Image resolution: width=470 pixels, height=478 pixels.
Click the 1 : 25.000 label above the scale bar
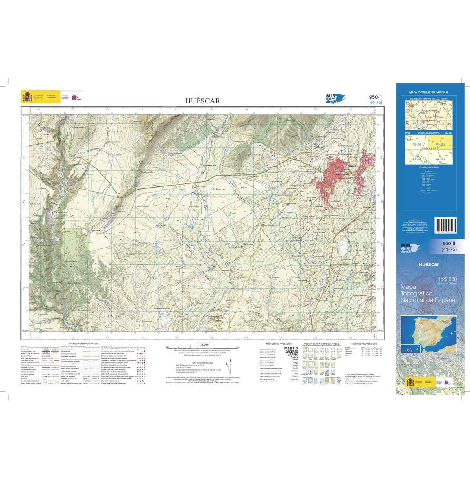click(202, 344)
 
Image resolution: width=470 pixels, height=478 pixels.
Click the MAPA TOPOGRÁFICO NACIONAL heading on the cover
click(429, 92)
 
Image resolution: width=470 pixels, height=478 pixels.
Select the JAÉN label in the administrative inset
click(410, 139)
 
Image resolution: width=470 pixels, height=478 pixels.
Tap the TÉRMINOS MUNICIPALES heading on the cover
click(428, 167)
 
